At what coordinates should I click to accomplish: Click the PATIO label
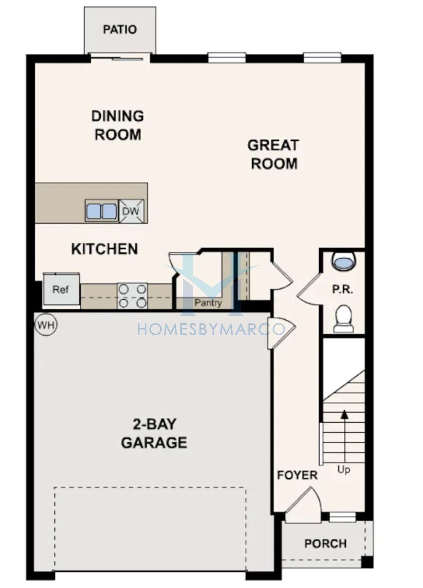tap(120, 30)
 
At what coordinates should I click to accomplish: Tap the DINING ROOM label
tap(117, 125)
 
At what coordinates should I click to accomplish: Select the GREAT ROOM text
tap(274, 154)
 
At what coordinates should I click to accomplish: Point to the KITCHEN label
tap(105, 249)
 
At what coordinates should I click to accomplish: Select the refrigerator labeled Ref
tap(61, 289)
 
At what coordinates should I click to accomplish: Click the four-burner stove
tap(132, 296)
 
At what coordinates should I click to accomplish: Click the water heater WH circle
tap(46, 325)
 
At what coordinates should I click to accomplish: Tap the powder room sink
tap(344, 261)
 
